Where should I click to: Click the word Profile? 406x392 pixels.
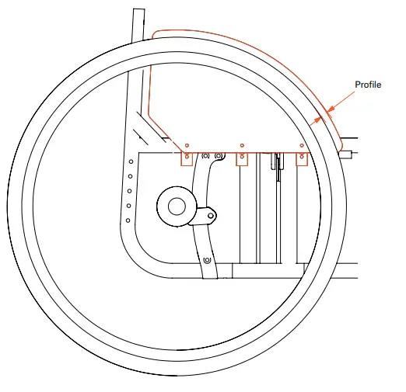point(368,85)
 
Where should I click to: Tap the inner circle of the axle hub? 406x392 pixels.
point(177,206)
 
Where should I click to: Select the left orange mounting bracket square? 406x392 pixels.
point(187,159)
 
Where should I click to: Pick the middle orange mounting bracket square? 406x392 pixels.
point(242,159)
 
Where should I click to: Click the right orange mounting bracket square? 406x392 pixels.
point(302,159)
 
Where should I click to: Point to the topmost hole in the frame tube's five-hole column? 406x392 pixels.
point(131,161)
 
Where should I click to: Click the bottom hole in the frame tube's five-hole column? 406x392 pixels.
point(128,220)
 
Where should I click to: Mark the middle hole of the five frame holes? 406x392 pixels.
point(130,191)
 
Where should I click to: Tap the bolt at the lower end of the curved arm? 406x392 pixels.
point(207,260)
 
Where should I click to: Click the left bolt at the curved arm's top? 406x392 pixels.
point(205,156)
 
